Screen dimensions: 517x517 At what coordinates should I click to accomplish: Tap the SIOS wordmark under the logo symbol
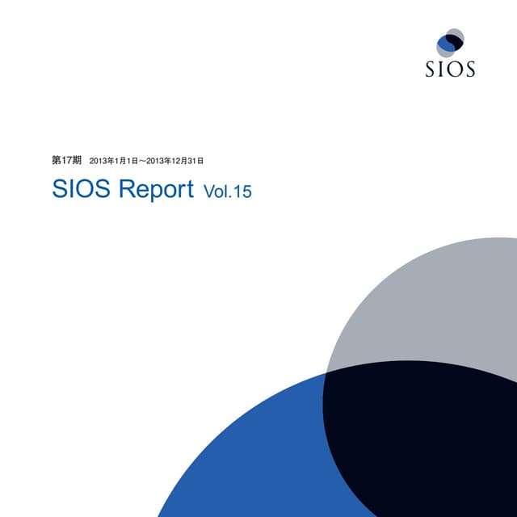450,69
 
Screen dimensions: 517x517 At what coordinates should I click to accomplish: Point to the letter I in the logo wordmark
442,69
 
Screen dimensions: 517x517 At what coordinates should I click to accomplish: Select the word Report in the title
156,191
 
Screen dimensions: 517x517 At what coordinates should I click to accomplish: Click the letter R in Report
127,190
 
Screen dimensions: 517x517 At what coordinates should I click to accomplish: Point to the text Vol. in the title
217,192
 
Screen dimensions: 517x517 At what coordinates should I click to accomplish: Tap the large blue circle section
242,452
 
